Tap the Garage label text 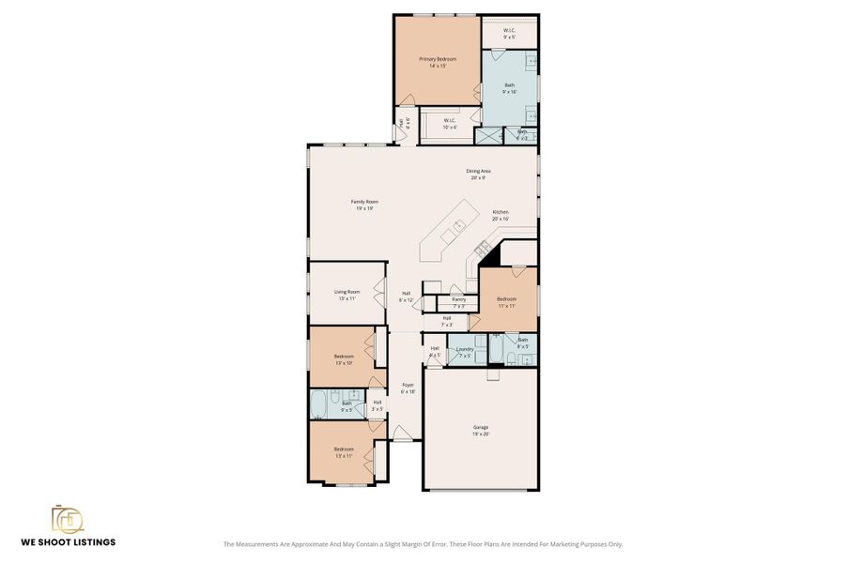click(480, 427)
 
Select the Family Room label click(364, 201)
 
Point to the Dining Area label click(479, 171)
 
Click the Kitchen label click(500, 212)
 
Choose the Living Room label click(346, 291)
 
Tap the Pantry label click(458, 299)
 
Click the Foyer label click(408, 385)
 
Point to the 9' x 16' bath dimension click(509, 91)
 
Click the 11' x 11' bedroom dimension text click(506, 306)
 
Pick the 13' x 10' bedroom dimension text click(344, 363)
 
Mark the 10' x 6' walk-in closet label click(450, 127)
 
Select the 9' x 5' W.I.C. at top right click(509, 37)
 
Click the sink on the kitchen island click(459, 224)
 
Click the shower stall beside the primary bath click(488, 135)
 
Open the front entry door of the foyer click(401, 434)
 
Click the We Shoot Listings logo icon click(67, 519)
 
